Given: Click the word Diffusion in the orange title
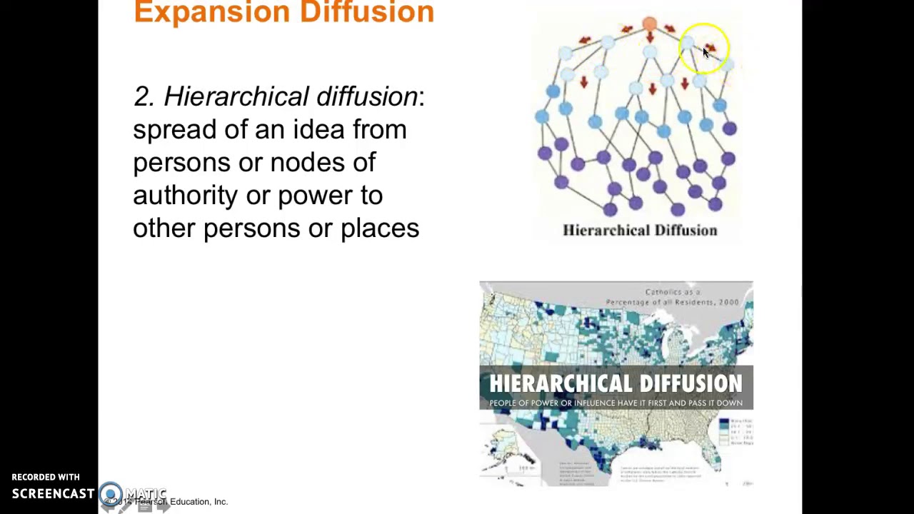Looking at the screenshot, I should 367,12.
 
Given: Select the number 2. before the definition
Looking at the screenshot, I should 144,96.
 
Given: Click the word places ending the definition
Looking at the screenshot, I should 379,228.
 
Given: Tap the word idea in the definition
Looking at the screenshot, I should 318,129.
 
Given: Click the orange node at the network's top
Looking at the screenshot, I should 649,25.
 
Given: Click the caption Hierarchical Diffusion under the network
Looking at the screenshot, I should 640,230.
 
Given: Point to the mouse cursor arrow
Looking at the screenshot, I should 706,52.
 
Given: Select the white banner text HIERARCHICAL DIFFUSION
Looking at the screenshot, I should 616,383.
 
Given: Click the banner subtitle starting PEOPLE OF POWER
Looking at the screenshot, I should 616,403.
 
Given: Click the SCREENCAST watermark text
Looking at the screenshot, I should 53,493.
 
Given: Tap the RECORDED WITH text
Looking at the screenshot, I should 46,477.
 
